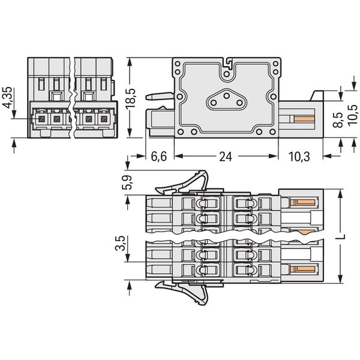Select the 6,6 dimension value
158,157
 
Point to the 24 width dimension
226,157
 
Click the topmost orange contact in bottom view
303,202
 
